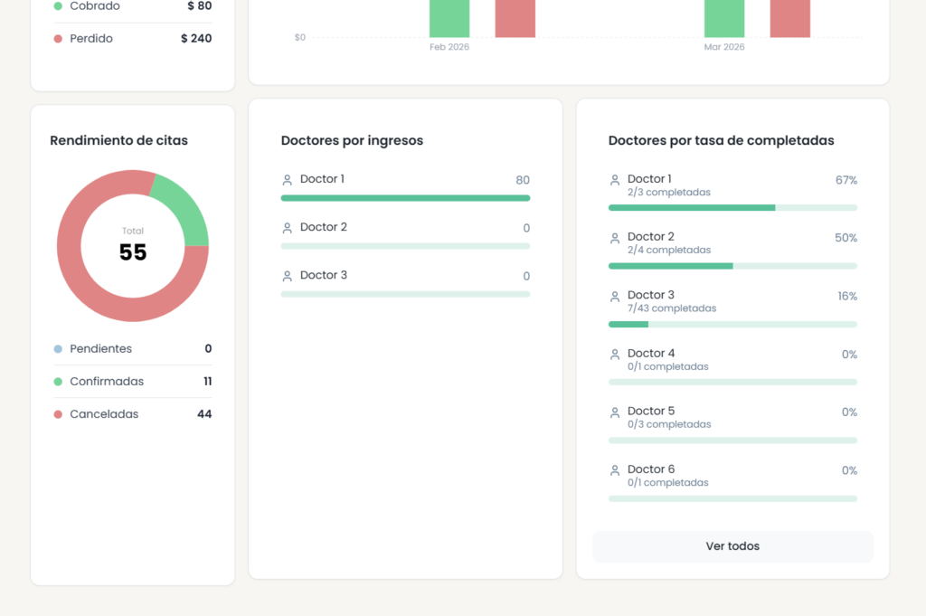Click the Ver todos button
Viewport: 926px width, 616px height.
point(732,546)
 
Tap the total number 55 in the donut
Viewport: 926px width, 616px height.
point(133,252)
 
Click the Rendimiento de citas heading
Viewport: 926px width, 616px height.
point(119,140)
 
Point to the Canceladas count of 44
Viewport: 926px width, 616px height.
point(204,414)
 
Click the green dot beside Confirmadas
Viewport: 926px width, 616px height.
point(58,382)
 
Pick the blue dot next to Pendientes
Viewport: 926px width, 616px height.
point(58,349)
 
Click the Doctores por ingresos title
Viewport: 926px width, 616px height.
point(352,140)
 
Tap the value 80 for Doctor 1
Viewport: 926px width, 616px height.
point(523,180)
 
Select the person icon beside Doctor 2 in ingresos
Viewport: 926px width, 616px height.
point(288,228)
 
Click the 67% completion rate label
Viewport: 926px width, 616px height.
point(846,180)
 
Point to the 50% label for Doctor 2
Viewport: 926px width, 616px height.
point(846,238)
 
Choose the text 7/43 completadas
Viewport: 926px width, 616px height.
point(672,308)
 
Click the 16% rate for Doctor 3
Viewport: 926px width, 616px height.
point(847,296)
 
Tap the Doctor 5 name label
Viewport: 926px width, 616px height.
point(651,411)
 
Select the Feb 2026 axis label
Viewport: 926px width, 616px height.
point(449,47)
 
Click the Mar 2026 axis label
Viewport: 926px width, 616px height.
point(724,47)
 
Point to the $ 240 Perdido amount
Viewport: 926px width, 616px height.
point(196,39)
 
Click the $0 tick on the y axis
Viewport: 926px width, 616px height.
point(300,37)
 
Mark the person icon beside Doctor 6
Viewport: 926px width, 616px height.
point(615,470)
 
